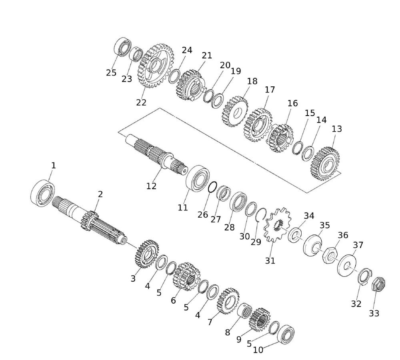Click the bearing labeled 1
pyautogui.click(x=42, y=193)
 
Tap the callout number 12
pyautogui.click(x=151, y=186)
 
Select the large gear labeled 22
pyautogui.click(x=156, y=66)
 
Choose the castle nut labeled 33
pyautogui.click(x=378, y=284)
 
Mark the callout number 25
pyautogui.click(x=111, y=73)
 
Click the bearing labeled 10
pyautogui.click(x=286, y=334)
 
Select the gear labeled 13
pyautogui.click(x=325, y=164)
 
